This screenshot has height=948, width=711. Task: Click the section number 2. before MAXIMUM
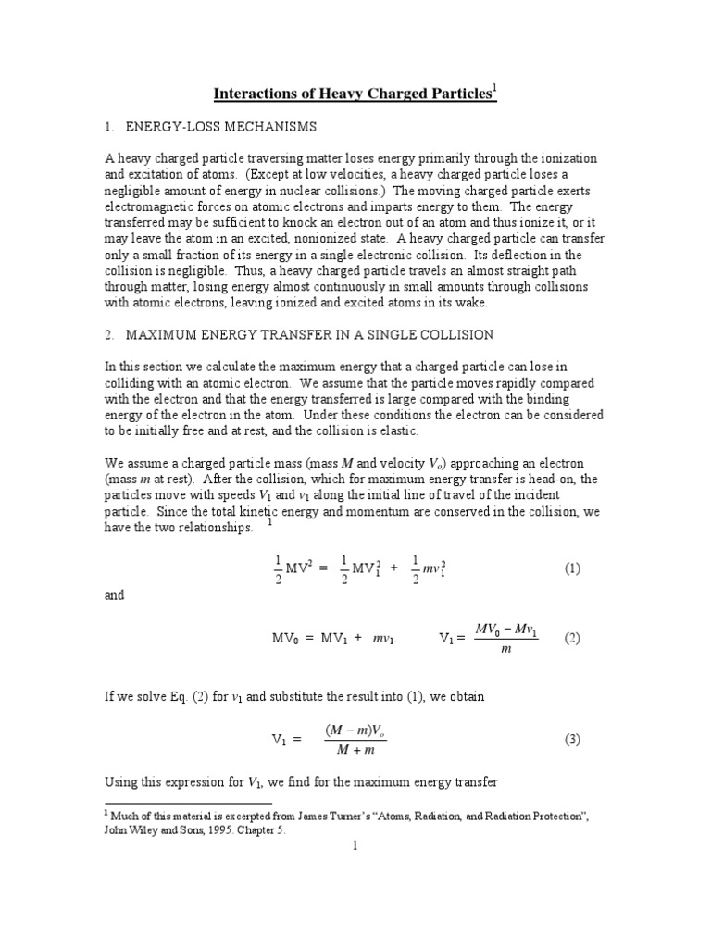click(x=111, y=333)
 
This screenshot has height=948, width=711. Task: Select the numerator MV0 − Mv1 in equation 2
click(x=506, y=629)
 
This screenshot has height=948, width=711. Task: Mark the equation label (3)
click(x=572, y=739)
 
